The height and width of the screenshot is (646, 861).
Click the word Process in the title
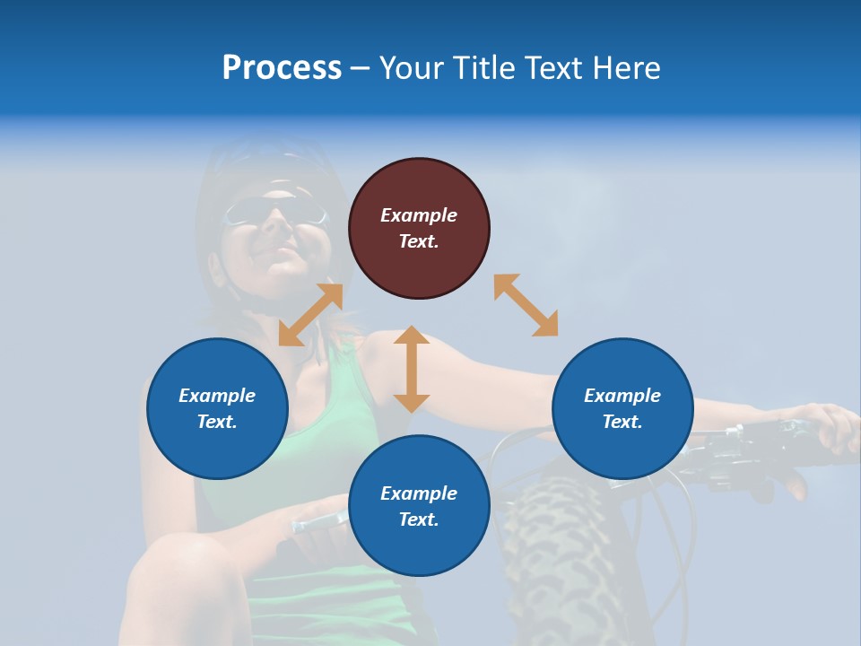(x=282, y=68)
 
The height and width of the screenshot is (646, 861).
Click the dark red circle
(x=419, y=228)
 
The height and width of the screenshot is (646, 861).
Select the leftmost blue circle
(x=217, y=408)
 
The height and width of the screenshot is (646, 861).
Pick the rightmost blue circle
(x=622, y=408)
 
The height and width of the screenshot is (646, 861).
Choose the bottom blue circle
(x=419, y=506)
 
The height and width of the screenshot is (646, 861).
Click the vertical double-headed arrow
(x=412, y=369)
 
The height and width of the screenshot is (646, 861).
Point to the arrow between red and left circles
(x=311, y=314)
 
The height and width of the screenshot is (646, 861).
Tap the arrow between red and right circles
(x=526, y=305)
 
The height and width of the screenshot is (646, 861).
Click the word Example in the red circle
(x=419, y=215)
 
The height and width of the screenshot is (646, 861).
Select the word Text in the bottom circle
(x=417, y=519)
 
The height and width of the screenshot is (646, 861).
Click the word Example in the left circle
(x=217, y=396)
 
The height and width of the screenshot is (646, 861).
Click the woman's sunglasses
(x=274, y=213)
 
